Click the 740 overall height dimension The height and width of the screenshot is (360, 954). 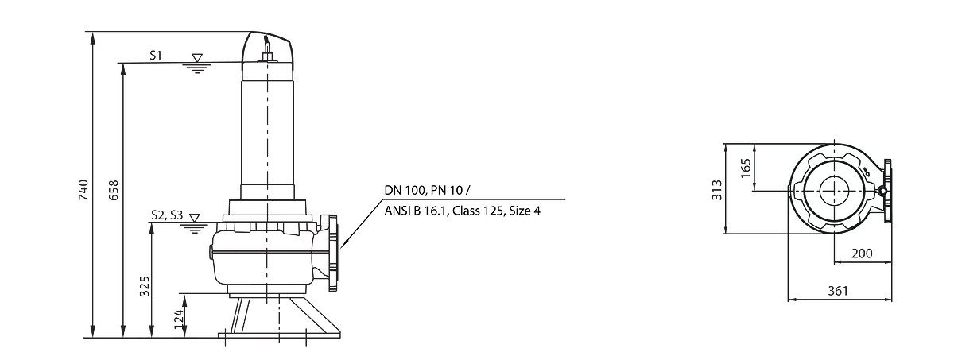click(x=83, y=190)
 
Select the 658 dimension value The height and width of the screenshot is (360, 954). click(x=114, y=190)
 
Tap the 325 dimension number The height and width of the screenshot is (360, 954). click(x=145, y=286)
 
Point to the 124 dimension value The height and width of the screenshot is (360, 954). click(x=179, y=319)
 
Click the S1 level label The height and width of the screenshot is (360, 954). click(x=156, y=56)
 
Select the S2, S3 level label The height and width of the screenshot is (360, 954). click(x=167, y=215)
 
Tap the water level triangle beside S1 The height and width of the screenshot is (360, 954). click(x=197, y=58)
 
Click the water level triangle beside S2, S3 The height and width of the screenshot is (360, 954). click(x=195, y=218)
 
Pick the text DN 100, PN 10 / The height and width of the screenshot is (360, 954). click(x=427, y=190)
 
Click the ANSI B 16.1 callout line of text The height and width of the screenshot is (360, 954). click(x=462, y=211)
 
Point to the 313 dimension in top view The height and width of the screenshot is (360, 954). click(x=717, y=190)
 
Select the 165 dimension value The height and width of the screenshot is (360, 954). click(x=746, y=168)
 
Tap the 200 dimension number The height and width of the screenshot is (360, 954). click(x=862, y=254)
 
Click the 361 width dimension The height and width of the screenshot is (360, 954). click(x=838, y=291)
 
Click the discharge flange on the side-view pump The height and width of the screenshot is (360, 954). click(x=332, y=253)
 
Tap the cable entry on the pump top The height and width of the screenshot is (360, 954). click(x=267, y=50)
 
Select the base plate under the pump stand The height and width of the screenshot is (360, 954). click(x=279, y=335)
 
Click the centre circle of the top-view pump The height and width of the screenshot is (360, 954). click(x=833, y=191)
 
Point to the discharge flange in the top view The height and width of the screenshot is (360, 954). click(x=887, y=191)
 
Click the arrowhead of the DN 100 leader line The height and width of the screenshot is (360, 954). click(x=344, y=244)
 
